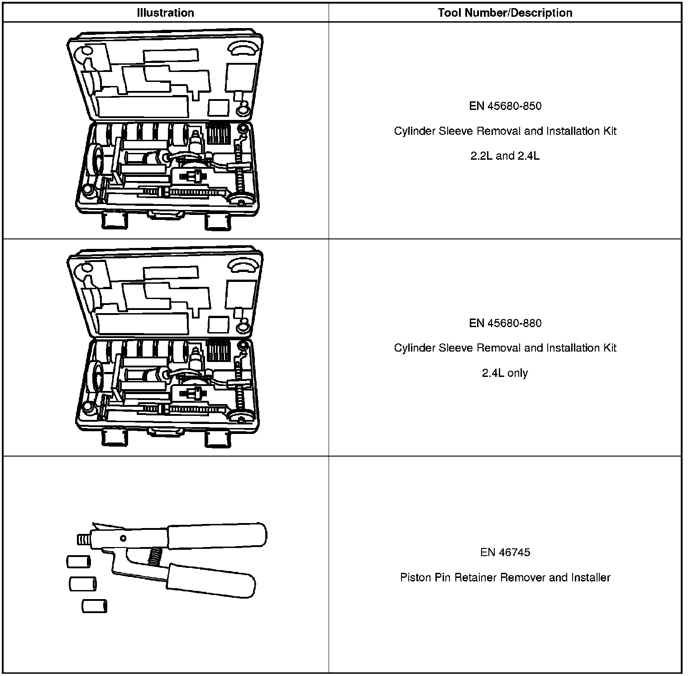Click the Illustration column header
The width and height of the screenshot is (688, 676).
coord(165,13)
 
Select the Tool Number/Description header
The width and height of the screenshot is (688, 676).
coord(505,13)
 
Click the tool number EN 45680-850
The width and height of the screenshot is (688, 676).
coord(505,106)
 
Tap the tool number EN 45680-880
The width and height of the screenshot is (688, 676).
coord(505,323)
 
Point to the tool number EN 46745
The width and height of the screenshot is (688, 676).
coord(505,552)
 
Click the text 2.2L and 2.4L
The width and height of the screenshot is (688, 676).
coord(505,156)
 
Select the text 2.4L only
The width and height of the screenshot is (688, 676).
coord(505,373)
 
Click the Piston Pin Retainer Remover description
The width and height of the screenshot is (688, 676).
coord(505,578)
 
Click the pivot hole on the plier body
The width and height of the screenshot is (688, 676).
coord(123,538)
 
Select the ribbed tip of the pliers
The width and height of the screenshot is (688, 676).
coord(83,539)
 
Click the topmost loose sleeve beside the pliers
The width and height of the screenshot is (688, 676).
coord(79,562)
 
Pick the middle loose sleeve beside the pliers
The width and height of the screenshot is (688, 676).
coord(82,584)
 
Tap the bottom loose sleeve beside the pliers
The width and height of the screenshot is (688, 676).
coord(95,606)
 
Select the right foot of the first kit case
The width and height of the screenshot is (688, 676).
coord(218,222)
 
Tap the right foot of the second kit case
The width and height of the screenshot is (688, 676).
coord(218,438)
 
